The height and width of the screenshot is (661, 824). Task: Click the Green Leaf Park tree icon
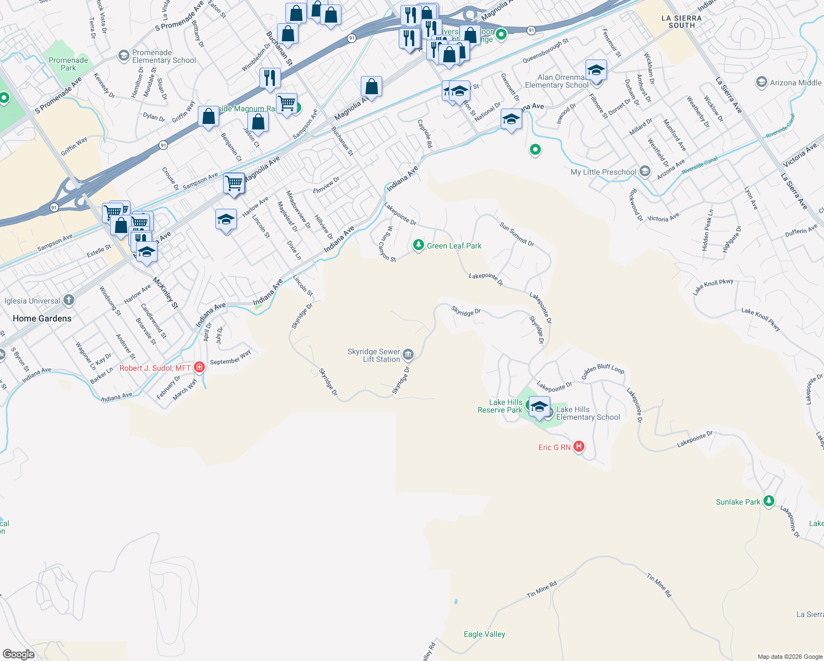[x=418, y=245]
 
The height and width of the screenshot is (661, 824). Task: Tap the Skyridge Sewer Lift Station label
[x=374, y=355]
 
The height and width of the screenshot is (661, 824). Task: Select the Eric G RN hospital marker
[x=578, y=447]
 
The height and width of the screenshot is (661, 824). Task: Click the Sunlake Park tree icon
[x=768, y=501]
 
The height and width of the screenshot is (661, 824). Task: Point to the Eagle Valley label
[x=484, y=634]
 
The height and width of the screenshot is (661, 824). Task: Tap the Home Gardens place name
[x=42, y=318]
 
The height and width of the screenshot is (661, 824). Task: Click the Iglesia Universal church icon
[x=68, y=300]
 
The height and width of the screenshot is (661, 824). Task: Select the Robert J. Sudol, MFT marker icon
[x=199, y=367]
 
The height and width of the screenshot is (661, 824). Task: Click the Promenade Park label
[x=68, y=64]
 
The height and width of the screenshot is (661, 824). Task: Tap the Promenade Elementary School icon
[x=124, y=56]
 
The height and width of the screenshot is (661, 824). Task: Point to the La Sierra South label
[x=681, y=22]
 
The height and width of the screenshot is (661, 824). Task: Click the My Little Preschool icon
[x=644, y=172]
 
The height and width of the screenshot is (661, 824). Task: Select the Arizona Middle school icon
[x=762, y=83]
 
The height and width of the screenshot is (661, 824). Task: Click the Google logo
[x=19, y=654]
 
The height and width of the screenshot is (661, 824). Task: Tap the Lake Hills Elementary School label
[x=588, y=413]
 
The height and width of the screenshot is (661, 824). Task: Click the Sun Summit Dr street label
[x=517, y=234]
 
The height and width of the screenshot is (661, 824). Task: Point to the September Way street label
[x=230, y=357]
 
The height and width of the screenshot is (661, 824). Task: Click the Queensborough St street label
[x=545, y=51]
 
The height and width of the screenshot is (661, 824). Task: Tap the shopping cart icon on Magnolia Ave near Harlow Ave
[x=234, y=183]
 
